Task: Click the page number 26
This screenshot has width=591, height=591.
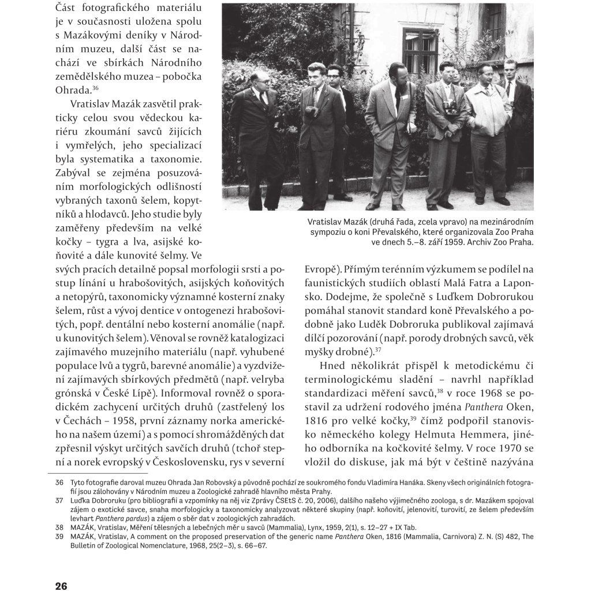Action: point(61,586)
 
